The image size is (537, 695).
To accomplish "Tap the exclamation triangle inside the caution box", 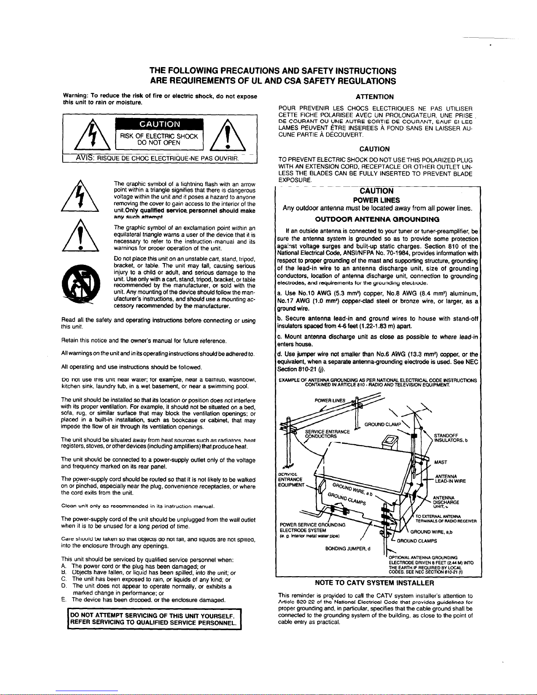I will click(x=226, y=135).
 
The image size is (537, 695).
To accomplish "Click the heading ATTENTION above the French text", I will click(x=376, y=96).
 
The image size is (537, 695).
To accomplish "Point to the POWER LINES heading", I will click(x=377, y=200).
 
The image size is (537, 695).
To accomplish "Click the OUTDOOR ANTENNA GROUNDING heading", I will click(x=377, y=219).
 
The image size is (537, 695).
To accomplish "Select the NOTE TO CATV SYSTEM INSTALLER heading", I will click(x=374, y=583).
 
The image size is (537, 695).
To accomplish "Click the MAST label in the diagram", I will click(x=440, y=462).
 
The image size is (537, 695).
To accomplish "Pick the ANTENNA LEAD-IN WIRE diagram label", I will click(x=449, y=479).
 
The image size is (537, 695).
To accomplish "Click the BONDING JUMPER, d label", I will click(x=348, y=548).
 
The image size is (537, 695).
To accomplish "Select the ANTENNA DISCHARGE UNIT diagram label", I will click(x=445, y=500).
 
